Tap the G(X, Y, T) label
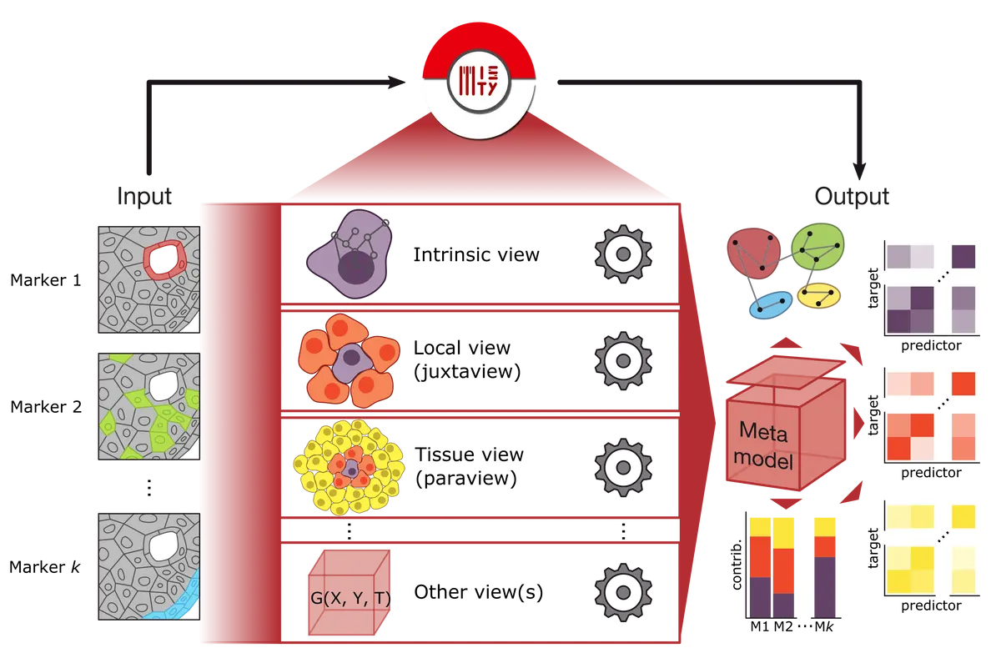click(x=349, y=600)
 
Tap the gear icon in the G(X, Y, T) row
click(x=623, y=591)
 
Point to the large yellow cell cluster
click(x=350, y=468)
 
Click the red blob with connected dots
click(x=754, y=254)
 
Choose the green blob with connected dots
click(x=817, y=246)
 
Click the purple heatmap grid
click(x=928, y=288)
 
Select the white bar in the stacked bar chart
click(x=803, y=595)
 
